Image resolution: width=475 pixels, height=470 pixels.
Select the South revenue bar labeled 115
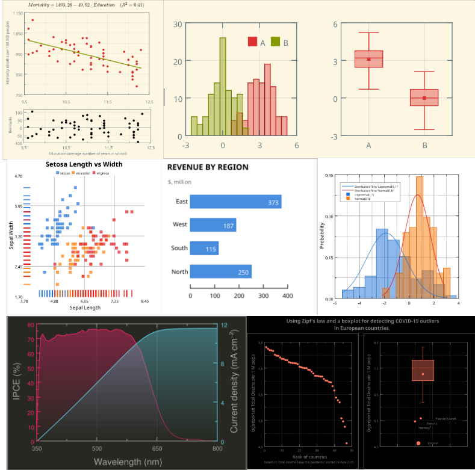click(204, 248)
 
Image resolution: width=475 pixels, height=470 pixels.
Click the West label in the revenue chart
click(180, 225)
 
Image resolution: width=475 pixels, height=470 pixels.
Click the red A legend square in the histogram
click(252, 42)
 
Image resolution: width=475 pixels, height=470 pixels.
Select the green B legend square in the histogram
click(275, 42)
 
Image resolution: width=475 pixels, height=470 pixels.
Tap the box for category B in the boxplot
click(424, 97)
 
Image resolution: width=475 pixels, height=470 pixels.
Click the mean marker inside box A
click(368, 59)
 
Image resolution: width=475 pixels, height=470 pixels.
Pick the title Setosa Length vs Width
click(84, 164)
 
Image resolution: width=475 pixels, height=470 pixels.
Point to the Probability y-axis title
click(323, 237)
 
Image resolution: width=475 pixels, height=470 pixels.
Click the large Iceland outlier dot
click(418, 443)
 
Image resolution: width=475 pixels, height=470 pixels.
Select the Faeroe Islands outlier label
click(446, 418)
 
